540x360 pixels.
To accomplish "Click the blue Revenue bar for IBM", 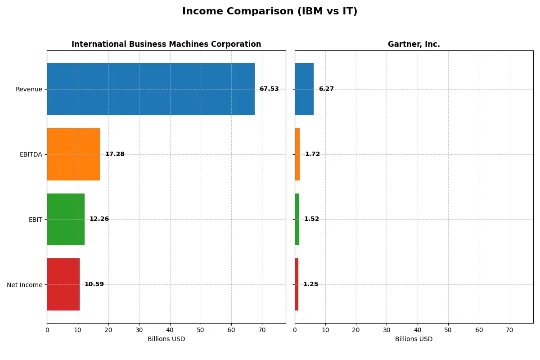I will (151, 89).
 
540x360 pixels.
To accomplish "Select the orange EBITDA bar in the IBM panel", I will (73, 154).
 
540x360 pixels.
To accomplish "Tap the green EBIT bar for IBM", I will (66, 219).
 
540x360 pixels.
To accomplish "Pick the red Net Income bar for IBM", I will (63, 284).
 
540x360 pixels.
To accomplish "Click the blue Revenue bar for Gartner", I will (304, 89).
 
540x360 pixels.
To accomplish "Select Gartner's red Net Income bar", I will (297, 284).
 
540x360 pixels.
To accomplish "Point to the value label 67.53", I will (269, 89).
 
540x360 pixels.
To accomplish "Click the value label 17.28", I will (115, 154).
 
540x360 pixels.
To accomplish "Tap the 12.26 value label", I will (99, 219).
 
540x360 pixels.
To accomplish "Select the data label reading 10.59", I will (94, 284).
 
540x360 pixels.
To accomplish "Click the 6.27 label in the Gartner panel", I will (326, 89).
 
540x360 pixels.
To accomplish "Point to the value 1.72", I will (312, 154).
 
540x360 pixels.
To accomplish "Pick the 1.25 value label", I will (310, 284).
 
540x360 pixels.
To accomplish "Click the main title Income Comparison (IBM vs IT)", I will (270, 12).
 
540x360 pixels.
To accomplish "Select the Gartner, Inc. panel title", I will (414, 45).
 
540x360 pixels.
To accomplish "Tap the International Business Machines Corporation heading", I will (166, 45).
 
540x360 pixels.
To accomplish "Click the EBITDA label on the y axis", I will (31, 154).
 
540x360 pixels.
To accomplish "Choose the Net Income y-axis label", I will (24, 284).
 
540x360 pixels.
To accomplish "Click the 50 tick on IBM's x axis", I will (201, 330).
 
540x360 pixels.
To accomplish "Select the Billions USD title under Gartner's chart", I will (414, 339).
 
